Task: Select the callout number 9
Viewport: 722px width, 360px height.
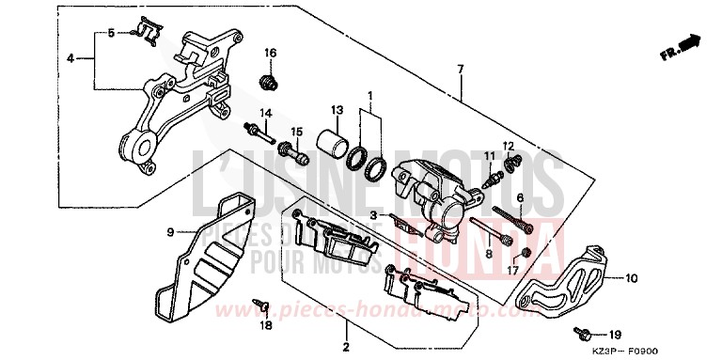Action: click(172, 231)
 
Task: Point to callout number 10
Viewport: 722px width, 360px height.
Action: click(631, 278)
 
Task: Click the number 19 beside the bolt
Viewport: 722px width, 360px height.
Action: click(615, 335)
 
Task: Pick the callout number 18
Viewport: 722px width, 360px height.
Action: click(265, 325)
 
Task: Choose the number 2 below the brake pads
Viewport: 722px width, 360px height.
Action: click(345, 348)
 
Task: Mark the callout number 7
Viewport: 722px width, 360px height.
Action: click(460, 69)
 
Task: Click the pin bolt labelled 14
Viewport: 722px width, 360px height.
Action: click(259, 131)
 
